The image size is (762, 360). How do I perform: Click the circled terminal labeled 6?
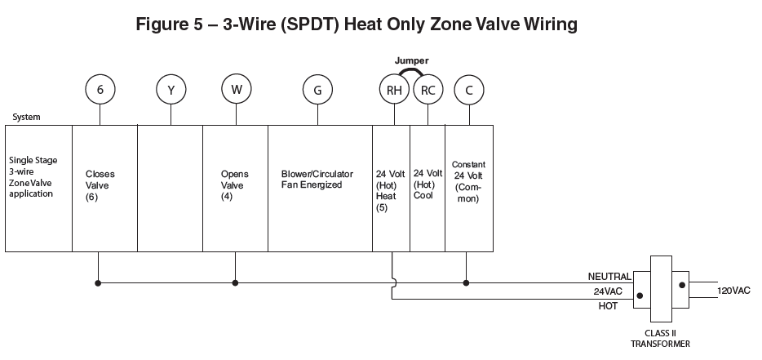coord(100,89)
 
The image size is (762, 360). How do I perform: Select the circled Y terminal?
coord(171,90)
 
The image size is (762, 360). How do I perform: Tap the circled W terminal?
coord(236,89)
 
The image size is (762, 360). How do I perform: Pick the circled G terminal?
coord(317,90)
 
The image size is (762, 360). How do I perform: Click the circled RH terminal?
coord(394,90)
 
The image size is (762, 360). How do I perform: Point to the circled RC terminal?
coord(427,90)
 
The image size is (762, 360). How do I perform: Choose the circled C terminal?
coord(468,90)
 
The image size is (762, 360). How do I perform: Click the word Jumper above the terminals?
coord(411,60)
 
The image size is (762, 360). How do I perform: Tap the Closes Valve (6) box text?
coord(100,185)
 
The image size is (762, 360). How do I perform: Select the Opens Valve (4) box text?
coord(235,185)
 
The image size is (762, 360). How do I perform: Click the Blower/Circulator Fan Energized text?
coord(317,180)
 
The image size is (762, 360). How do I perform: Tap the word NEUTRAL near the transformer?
coord(609,276)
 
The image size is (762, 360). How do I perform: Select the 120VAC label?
coord(733,291)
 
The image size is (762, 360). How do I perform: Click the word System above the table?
coord(26,117)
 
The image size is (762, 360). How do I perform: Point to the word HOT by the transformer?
coord(609,305)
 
